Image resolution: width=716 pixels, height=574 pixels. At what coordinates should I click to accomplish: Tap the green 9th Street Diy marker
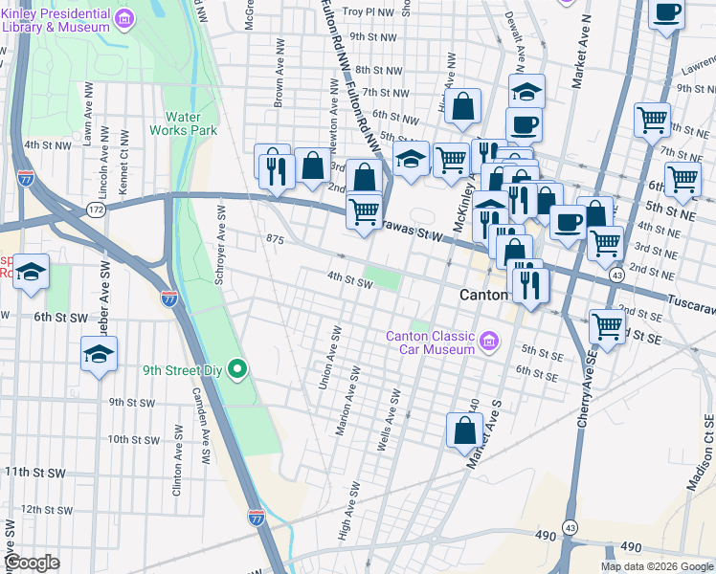[240, 367]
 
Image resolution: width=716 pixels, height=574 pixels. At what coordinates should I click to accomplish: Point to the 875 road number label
[276, 239]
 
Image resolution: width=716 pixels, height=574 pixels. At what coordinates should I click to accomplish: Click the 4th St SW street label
[348, 282]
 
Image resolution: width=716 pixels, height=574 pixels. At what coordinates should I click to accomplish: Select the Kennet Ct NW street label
[123, 173]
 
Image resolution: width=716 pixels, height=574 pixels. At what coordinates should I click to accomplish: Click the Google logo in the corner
[32, 563]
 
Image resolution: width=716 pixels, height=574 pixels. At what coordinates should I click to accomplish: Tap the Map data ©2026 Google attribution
[657, 565]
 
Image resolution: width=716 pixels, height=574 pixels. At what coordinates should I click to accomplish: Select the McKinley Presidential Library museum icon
[123, 19]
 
